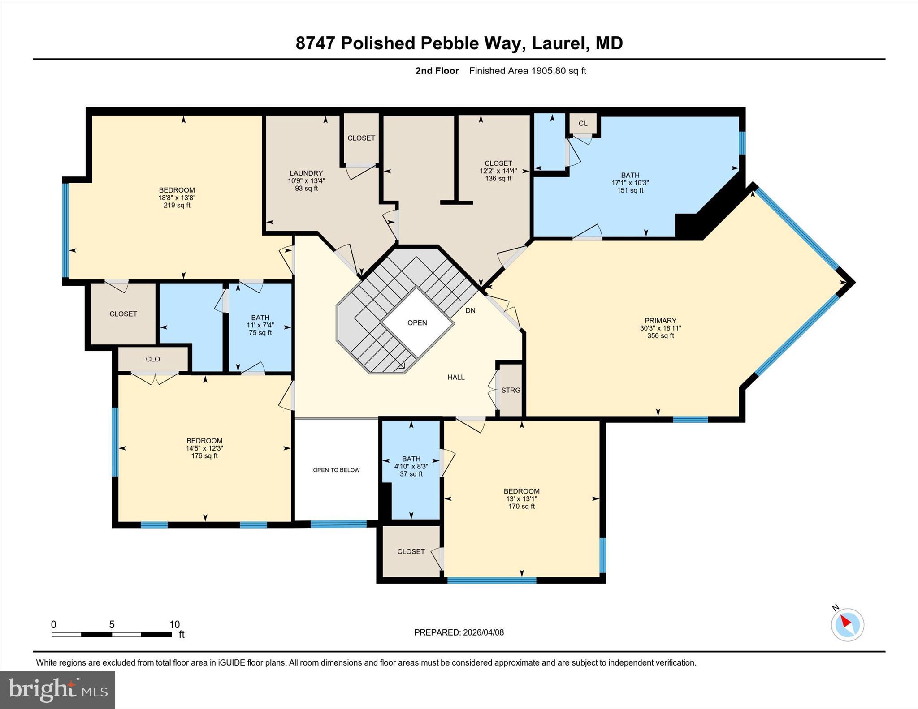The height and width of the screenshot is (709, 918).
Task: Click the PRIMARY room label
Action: pos(660,320)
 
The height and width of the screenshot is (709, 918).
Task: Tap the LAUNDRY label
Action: pos(306,173)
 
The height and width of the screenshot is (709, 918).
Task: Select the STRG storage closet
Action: pos(511,390)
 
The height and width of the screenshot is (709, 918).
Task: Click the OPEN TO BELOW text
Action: pos(336,470)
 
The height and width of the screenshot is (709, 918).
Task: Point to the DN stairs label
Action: pos(470,310)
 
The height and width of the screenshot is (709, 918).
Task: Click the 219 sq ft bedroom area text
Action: pos(177,205)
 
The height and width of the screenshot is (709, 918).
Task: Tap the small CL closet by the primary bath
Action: pos(583,123)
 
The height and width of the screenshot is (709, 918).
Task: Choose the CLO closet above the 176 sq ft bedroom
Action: pos(153,359)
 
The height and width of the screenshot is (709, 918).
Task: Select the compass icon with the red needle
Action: pos(847,624)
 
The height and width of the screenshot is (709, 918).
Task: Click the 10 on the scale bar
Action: pos(174,624)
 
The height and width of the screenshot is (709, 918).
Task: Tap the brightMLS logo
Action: pos(57,690)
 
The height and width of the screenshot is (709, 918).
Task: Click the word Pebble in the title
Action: pos(451,43)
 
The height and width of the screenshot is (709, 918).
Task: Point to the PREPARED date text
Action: pos(459,632)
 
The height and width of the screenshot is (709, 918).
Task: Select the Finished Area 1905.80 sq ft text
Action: pos(527,71)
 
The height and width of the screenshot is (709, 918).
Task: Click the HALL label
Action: pos(456,377)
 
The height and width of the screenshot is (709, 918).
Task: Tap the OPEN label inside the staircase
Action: pos(417,322)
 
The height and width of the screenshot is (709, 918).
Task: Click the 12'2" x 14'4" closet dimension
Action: pos(498,171)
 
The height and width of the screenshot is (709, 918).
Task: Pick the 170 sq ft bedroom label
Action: pos(521,506)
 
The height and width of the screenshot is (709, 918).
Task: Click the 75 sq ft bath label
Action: pos(260,333)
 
